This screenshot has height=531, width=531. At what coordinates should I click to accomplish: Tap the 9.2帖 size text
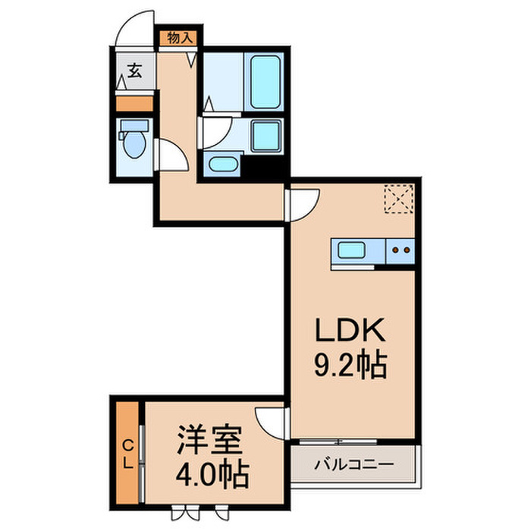(x=351, y=368)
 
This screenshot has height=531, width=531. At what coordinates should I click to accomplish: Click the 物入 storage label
(x=181, y=37)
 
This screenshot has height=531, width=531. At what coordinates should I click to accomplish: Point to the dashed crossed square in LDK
(x=397, y=200)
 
